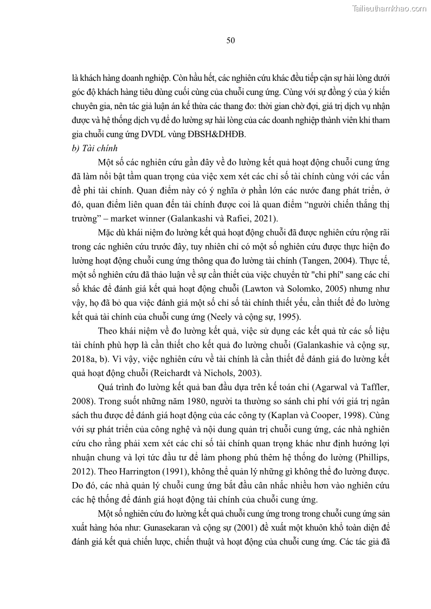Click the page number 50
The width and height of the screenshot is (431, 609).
(230, 41)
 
